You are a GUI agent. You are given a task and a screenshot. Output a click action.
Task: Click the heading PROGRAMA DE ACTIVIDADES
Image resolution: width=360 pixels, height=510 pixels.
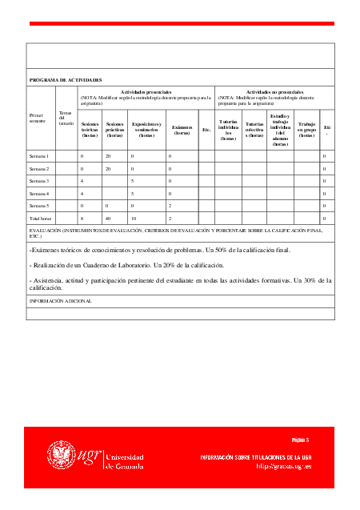(x=66, y=81)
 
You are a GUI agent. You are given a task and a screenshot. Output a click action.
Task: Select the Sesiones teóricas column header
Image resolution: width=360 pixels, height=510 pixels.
(x=90, y=129)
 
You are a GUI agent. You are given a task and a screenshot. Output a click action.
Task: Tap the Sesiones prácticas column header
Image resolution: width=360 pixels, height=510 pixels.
(x=115, y=129)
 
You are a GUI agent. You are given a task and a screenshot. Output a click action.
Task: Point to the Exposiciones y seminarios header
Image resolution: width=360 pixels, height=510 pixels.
(x=146, y=129)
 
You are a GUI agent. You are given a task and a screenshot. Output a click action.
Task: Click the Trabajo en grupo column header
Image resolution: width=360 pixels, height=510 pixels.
(x=306, y=129)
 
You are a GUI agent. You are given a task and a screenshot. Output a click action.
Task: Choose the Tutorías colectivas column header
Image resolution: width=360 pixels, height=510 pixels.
(x=254, y=129)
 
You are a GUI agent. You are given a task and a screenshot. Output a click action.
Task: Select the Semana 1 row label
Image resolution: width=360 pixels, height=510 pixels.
(x=39, y=156)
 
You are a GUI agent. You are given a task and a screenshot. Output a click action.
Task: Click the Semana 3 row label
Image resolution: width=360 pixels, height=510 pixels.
(x=39, y=181)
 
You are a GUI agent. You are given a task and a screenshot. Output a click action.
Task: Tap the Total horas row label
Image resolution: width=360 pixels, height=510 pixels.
(x=40, y=218)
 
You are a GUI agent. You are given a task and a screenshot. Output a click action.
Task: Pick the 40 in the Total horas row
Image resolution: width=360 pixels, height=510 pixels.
(x=108, y=218)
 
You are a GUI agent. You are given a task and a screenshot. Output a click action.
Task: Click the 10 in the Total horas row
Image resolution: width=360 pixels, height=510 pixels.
(x=134, y=218)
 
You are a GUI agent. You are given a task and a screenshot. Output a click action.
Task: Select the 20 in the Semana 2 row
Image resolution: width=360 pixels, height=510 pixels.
(x=108, y=169)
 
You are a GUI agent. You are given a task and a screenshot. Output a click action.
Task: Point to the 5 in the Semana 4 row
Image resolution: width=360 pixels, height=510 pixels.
(x=133, y=193)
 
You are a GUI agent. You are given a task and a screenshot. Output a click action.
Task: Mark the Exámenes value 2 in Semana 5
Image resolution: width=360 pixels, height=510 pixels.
(x=170, y=206)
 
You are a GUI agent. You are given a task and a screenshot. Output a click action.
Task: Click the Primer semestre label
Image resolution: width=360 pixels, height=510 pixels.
(x=38, y=118)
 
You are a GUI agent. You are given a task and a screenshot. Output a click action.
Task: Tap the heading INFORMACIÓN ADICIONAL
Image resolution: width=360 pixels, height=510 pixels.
(x=61, y=301)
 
